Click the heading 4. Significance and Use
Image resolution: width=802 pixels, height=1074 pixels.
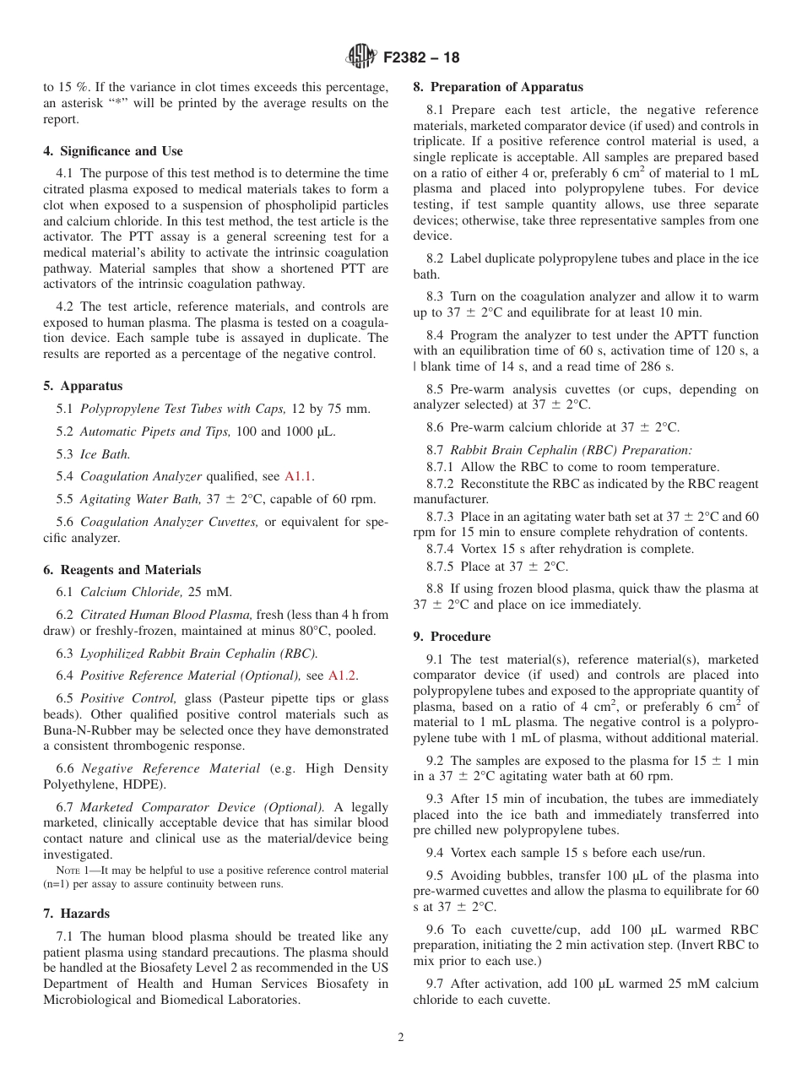click(113, 151)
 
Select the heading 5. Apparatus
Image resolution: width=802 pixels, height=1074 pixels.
click(83, 386)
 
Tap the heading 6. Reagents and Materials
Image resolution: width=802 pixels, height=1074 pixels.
click(122, 570)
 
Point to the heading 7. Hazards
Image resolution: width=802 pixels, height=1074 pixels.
click(76, 914)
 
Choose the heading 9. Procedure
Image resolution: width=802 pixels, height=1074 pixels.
click(452, 637)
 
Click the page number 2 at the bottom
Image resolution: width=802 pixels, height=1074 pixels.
click(401, 1038)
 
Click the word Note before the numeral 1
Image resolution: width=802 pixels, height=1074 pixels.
click(55, 871)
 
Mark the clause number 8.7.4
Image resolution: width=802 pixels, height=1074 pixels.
click(443, 549)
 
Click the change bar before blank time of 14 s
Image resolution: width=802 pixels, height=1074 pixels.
click(415, 366)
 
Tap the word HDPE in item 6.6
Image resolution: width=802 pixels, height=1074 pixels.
click(143, 784)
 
